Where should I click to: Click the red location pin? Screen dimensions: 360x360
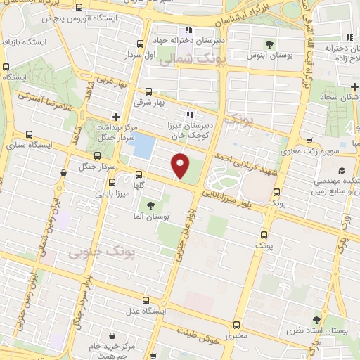pyautogui.click(x=181, y=165)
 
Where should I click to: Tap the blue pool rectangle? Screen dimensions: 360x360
pyautogui.click(x=144, y=146)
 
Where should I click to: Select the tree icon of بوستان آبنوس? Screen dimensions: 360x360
pyautogui.click(x=270, y=44)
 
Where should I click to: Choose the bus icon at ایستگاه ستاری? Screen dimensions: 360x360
pyautogui.click(x=29, y=134)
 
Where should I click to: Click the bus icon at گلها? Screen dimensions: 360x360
pyautogui.click(x=138, y=174)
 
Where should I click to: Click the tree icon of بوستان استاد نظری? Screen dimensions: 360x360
pyautogui.click(x=324, y=319)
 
